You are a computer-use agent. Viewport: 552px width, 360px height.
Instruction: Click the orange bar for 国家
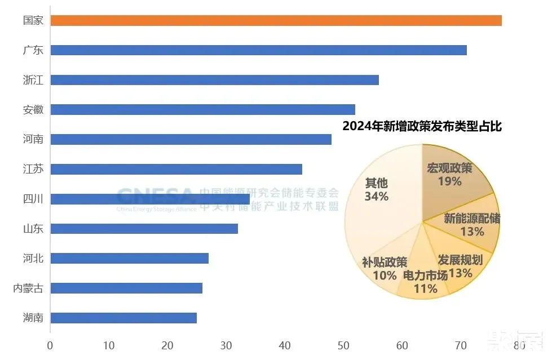coord(276,20)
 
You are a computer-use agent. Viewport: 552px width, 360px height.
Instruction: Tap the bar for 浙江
coord(214,80)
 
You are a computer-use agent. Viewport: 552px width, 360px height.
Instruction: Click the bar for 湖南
coord(123,318)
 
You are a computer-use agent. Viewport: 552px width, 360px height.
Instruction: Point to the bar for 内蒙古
coord(126,288)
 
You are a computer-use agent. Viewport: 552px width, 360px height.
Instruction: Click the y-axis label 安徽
coord(33,109)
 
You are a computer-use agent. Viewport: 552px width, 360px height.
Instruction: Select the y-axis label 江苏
coord(33,169)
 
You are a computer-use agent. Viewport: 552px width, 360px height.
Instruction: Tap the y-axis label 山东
coord(33,229)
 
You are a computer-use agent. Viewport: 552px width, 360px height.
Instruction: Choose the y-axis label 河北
coord(33,259)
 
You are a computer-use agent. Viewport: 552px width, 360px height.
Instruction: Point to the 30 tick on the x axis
coord(226,345)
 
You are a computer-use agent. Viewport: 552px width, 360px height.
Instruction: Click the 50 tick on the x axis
coord(343,345)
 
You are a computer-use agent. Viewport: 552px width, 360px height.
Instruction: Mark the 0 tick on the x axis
coord(50,345)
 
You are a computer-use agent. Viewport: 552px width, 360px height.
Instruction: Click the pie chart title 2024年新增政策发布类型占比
coord(422,126)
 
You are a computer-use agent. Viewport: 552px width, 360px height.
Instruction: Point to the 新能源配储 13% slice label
coord(472,224)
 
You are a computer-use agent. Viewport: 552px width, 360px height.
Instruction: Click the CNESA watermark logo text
coord(156,197)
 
